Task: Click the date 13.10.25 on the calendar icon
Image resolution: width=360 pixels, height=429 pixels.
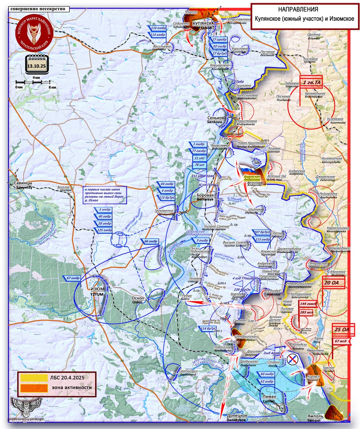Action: tap(37, 66)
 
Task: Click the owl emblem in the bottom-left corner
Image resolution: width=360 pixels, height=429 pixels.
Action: tap(26, 407)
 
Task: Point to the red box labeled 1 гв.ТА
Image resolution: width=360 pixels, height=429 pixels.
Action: tap(312, 83)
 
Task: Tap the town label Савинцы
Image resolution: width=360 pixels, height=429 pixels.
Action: tap(23, 184)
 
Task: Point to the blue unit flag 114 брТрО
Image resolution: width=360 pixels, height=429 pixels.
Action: tap(209, 329)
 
